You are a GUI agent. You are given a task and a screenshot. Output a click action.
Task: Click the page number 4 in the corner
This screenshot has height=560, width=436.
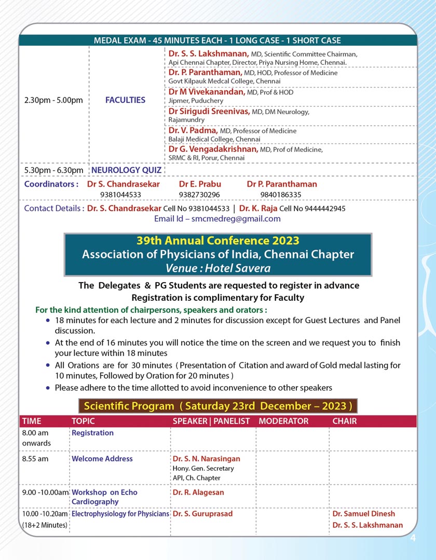click(x=413, y=538)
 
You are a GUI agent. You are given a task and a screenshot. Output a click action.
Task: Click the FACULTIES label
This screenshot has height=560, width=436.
click(x=125, y=100)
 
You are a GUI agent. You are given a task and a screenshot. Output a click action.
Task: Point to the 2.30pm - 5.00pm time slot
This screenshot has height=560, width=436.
click(x=53, y=100)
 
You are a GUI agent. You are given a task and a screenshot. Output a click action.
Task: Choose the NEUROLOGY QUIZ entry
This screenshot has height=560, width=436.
click(x=126, y=170)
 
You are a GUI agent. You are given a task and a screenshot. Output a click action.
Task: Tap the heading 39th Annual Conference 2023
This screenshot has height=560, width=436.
click(x=217, y=241)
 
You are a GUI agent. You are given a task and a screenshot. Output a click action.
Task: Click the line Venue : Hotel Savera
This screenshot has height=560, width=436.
click(x=217, y=268)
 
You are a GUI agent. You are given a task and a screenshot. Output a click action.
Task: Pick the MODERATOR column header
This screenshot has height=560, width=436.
click(x=283, y=421)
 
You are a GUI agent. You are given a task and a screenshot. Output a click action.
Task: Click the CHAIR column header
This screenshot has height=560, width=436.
click(x=345, y=421)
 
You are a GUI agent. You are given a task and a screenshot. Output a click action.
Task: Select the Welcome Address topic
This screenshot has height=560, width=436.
click(x=102, y=459)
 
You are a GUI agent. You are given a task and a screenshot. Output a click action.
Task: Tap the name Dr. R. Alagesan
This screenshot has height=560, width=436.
click(x=198, y=492)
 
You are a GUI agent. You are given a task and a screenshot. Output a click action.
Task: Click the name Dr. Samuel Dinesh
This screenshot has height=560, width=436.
click(x=363, y=514)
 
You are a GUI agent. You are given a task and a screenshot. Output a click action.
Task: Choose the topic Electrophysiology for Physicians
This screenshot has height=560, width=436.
click(x=120, y=514)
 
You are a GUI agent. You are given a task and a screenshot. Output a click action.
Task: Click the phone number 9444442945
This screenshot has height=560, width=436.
click(x=325, y=208)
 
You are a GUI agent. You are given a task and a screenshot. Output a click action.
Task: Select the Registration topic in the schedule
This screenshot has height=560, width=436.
click(x=92, y=433)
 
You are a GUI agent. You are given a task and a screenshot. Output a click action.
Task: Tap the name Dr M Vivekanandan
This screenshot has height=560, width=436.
click(x=206, y=92)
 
